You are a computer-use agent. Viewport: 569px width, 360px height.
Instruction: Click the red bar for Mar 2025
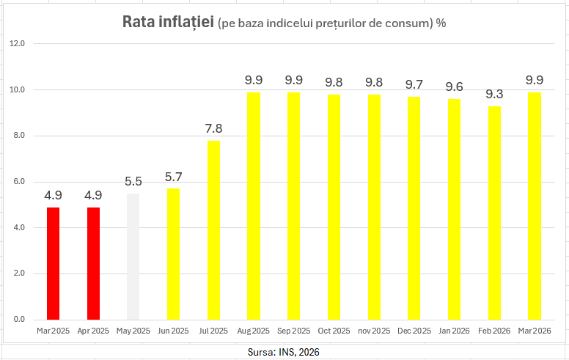[x=53, y=264]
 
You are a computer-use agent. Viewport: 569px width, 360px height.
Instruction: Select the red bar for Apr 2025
[x=93, y=264]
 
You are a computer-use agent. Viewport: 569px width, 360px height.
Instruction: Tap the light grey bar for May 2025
[x=133, y=257]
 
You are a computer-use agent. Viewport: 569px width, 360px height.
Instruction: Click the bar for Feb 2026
[x=495, y=213]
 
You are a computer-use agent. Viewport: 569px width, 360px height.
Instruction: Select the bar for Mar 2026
[x=535, y=206]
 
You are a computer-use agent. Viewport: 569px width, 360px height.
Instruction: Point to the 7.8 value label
[x=213, y=129]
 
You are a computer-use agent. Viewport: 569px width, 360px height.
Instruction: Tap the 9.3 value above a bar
[x=495, y=95]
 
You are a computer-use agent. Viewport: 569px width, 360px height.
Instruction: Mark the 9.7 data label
[x=414, y=85]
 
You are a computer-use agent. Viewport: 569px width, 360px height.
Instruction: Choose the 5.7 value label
[x=173, y=177]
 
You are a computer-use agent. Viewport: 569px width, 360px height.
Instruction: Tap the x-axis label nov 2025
[x=374, y=331]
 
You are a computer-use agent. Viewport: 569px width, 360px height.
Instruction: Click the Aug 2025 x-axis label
[x=254, y=331]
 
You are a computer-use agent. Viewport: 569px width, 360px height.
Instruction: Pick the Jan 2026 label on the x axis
[x=455, y=331]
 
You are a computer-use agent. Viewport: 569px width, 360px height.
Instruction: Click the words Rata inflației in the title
[x=168, y=22]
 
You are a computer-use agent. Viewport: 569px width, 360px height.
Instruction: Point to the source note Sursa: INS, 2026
[x=284, y=353]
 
